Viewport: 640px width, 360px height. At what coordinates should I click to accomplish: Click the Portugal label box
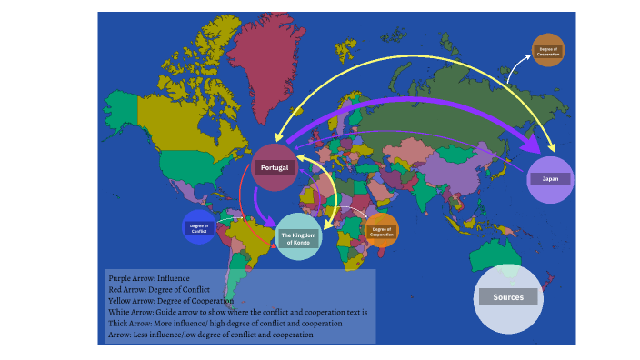point(275,168)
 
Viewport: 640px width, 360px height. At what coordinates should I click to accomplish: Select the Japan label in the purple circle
point(550,179)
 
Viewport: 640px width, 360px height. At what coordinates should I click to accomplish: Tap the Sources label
point(515,297)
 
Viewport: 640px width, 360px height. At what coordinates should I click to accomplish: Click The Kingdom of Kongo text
point(297,238)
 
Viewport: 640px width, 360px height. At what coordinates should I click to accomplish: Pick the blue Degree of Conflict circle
point(199,227)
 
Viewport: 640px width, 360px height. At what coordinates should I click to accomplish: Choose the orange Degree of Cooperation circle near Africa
point(381,231)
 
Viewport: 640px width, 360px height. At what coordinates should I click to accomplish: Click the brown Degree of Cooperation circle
point(548,51)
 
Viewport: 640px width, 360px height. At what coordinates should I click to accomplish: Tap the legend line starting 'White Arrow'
point(236,312)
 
